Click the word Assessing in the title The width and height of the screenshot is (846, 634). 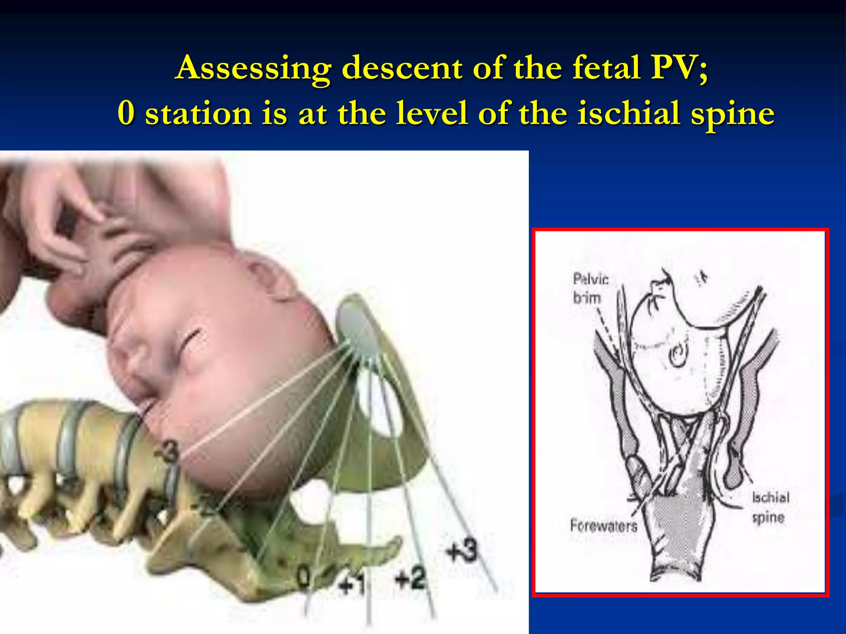[x=253, y=68]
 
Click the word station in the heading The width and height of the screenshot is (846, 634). [x=198, y=114]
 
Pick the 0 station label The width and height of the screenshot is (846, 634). [x=304, y=578]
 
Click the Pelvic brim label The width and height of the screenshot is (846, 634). [x=589, y=288]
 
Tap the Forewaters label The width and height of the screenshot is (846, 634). [x=604, y=525]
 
